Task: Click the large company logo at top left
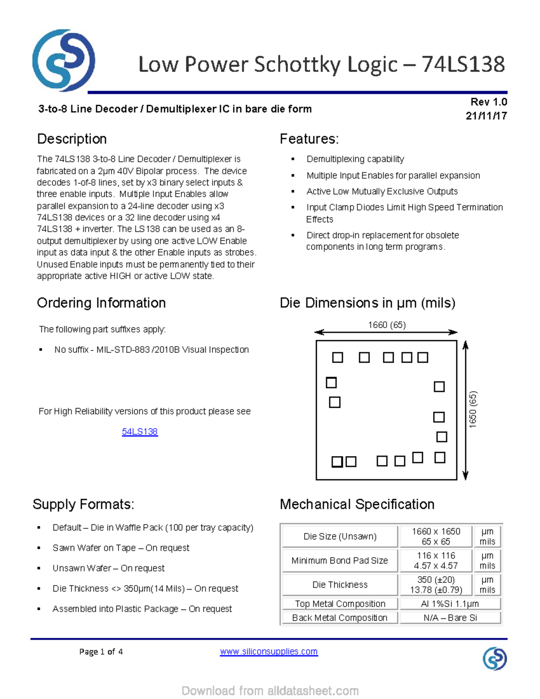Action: (63, 60)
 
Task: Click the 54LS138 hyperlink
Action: (139, 432)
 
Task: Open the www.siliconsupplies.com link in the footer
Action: (269, 651)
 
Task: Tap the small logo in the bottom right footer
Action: (495, 658)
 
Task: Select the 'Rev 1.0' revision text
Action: (489, 102)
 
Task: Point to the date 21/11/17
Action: (486, 116)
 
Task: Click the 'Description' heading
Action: (72, 139)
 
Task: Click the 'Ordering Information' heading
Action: (101, 303)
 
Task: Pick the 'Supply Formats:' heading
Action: (83, 504)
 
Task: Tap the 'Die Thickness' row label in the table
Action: (340, 585)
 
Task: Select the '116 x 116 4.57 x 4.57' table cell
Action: (436, 561)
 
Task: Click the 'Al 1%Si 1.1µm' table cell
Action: (450, 604)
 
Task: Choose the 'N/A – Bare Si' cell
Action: (450, 618)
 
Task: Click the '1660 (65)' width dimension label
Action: (387, 325)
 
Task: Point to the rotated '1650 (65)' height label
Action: (472, 409)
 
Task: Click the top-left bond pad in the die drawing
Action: (337, 357)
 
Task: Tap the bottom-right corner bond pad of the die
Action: (440, 458)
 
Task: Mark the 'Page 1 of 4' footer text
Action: (101, 652)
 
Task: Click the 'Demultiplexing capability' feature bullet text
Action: (355, 159)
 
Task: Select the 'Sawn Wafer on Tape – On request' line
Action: (121, 548)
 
